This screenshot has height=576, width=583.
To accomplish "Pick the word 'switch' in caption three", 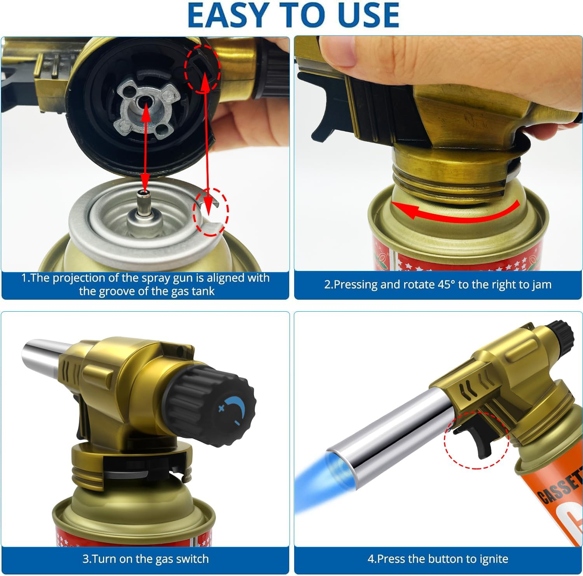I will coord(192,559).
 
